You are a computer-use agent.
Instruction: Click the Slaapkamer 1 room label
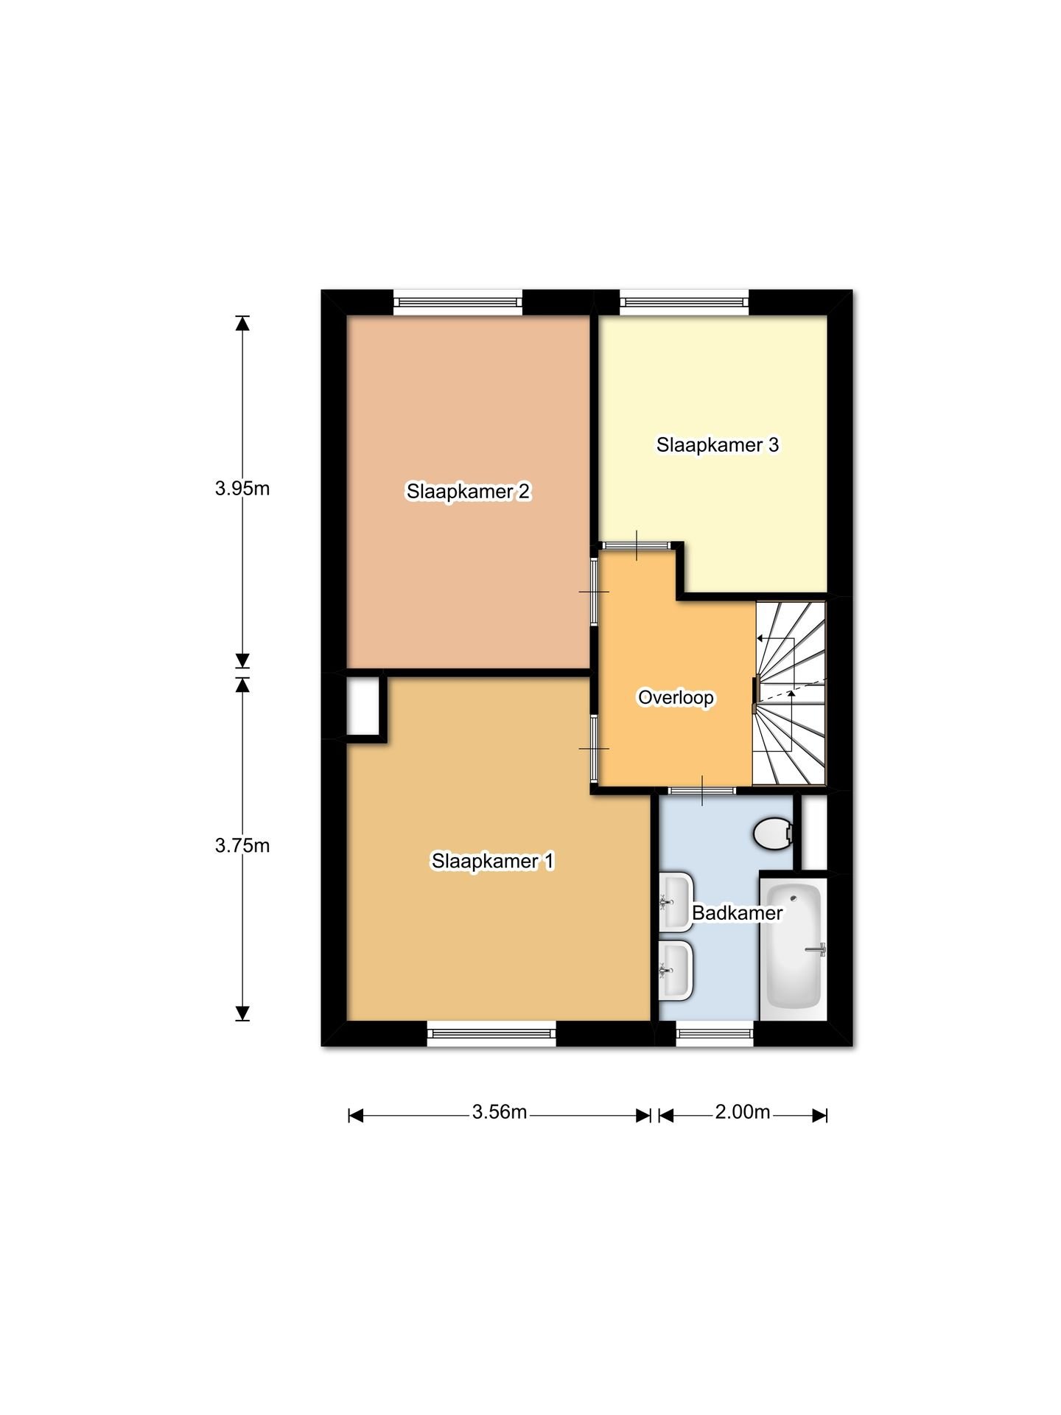(x=492, y=861)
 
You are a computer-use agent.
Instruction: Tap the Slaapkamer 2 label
(x=468, y=491)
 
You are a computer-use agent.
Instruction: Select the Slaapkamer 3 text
(x=718, y=444)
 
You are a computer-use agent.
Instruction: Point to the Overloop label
(x=676, y=697)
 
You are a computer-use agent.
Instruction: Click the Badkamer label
(x=737, y=912)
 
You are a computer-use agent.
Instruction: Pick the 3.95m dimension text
(x=242, y=488)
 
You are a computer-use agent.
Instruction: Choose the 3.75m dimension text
(x=242, y=845)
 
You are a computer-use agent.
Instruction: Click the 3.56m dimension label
(x=500, y=1111)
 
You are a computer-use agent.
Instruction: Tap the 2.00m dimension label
(x=743, y=1111)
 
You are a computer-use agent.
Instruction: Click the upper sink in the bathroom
(x=676, y=902)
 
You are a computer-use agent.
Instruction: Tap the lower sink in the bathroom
(x=676, y=970)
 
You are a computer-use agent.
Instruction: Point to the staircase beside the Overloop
(x=789, y=693)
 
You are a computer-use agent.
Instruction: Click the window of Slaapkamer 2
(x=458, y=302)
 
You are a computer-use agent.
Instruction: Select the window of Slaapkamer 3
(x=684, y=302)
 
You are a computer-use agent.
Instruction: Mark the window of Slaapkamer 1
(x=491, y=1033)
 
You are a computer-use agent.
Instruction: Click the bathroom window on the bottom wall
(x=715, y=1033)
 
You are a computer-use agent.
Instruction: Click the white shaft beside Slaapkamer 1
(x=363, y=706)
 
